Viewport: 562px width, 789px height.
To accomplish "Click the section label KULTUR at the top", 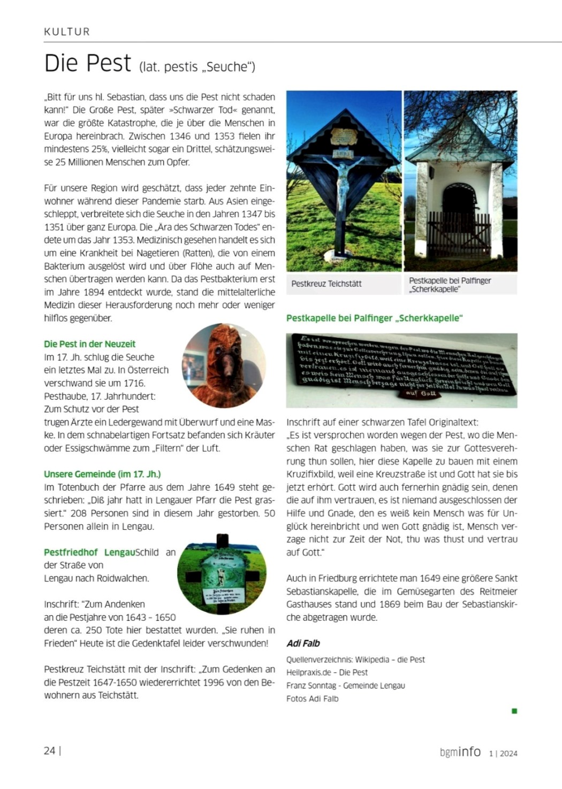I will coord(67,32).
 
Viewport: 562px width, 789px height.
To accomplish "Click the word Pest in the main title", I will coord(108,64).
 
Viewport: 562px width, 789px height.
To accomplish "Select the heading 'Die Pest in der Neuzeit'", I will coord(89,344).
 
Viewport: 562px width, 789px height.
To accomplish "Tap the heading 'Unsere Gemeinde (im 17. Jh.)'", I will coord(102,474).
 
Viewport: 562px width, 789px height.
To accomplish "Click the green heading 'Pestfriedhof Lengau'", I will coord(89,552).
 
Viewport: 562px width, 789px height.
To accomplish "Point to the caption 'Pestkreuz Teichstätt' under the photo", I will coord(326,284).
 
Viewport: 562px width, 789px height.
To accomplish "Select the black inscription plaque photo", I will coord(401,370).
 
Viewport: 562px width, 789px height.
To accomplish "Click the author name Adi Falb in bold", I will coord(303,643).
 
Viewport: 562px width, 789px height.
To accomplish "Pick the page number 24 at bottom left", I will coord(50,751).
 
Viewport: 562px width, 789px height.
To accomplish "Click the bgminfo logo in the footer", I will coord(460,752).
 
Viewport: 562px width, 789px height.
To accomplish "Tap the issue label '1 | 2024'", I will coord(503,754).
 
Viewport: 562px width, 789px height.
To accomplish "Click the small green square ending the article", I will coord(514,711).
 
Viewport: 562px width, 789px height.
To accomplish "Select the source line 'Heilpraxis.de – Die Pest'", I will coord(327,673).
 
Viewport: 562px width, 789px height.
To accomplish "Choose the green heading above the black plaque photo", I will coord(374,318).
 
